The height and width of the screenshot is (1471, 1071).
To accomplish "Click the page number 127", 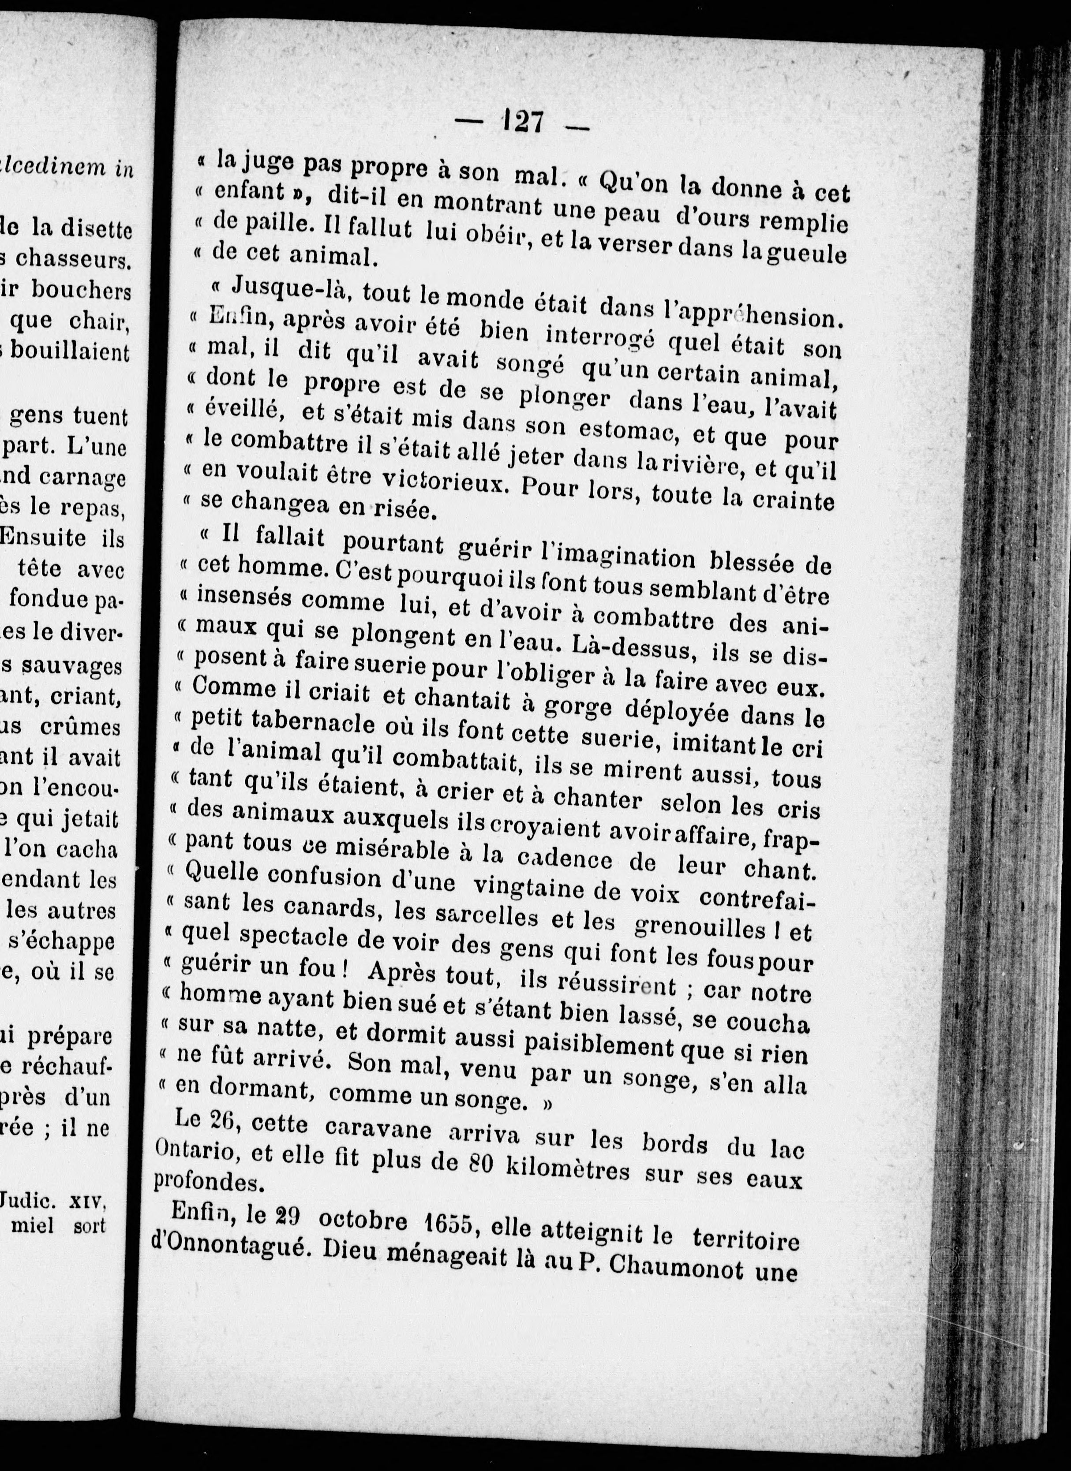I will pos(523,121).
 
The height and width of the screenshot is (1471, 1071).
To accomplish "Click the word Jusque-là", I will pos(291,288).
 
